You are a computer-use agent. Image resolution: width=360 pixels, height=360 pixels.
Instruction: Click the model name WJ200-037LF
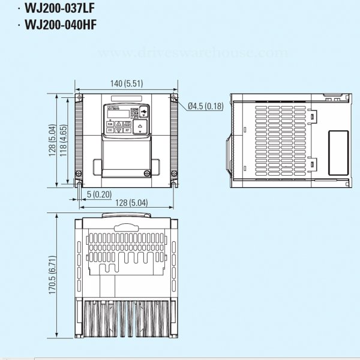(x=61, y=10)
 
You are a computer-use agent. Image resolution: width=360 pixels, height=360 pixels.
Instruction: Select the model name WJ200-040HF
(x=61, y=25)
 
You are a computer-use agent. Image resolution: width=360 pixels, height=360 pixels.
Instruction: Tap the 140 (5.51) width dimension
(x=125, y=83)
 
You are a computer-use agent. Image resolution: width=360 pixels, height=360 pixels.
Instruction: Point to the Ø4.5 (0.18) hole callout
(x=205, y=106)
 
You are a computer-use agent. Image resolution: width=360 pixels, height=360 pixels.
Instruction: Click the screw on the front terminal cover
(x=146, y=173)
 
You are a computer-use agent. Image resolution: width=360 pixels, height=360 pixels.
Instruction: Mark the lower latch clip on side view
(x=313, y=162)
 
